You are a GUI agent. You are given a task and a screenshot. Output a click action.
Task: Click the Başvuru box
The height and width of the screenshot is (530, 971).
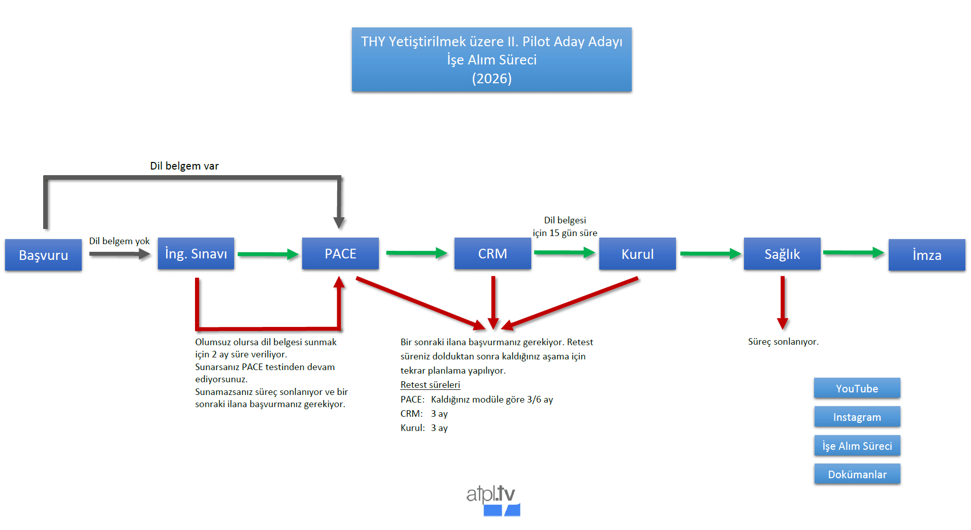[43, 255]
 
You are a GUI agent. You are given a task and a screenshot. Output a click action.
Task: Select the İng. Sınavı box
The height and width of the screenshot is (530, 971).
[196, 253]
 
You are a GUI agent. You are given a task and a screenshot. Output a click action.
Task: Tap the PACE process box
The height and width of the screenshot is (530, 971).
[340, 253]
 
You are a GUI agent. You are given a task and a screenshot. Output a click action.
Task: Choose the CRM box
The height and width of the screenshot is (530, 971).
[492, 253]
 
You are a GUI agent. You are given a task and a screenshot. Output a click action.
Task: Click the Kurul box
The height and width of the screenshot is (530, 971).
[637, 254]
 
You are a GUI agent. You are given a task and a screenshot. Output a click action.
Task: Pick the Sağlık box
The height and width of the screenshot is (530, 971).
[782, 254]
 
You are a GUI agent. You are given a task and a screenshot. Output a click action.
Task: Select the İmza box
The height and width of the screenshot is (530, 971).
[926, 255]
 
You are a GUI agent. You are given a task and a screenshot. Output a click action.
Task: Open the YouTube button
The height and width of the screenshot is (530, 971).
[857, 388]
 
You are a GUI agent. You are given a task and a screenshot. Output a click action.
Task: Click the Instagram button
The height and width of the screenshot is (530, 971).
[857, 417]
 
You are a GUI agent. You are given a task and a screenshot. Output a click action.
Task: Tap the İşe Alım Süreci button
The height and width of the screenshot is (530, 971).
[857, 446]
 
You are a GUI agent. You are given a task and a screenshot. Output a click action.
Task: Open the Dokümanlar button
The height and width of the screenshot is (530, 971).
[857, 474]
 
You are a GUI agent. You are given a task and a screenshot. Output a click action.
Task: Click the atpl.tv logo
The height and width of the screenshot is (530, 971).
[492, 500]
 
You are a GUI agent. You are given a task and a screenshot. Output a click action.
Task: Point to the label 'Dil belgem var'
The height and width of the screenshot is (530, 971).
[184, 166]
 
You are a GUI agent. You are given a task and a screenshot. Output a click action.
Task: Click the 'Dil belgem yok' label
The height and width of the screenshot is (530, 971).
[119, 241]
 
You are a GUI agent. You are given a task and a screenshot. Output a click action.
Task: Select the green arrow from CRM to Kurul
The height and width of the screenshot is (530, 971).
[564, 252]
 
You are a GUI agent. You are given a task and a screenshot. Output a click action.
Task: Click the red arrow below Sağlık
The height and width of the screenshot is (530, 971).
[783, 303]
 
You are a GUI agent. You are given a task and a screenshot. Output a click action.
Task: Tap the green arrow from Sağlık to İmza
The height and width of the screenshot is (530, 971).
[854, 252]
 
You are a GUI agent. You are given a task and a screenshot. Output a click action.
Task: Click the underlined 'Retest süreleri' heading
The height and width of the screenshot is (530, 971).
[430, 385]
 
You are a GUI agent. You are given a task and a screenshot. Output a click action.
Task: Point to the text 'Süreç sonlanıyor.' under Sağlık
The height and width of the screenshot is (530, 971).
[783, 342]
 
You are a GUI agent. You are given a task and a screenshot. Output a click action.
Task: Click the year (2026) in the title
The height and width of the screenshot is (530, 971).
[492, 79]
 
